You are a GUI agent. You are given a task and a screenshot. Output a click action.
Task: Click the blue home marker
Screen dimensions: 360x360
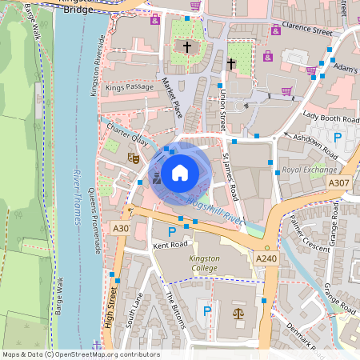click(180, 171)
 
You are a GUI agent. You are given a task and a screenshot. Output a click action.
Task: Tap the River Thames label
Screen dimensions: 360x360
click(78, 196)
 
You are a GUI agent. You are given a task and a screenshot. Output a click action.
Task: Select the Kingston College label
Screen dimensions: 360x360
click(204, 264)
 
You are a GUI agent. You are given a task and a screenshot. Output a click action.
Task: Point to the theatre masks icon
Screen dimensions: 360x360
click(134, 159)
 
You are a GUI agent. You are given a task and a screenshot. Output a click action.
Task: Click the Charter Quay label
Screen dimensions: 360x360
click(127, 135)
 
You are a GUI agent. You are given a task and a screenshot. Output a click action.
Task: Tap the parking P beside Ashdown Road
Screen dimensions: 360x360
click(338, 138)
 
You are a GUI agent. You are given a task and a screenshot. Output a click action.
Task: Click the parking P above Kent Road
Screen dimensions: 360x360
click(171, 231)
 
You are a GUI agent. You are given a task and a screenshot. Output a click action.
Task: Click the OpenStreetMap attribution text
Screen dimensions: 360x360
click(81, 354)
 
